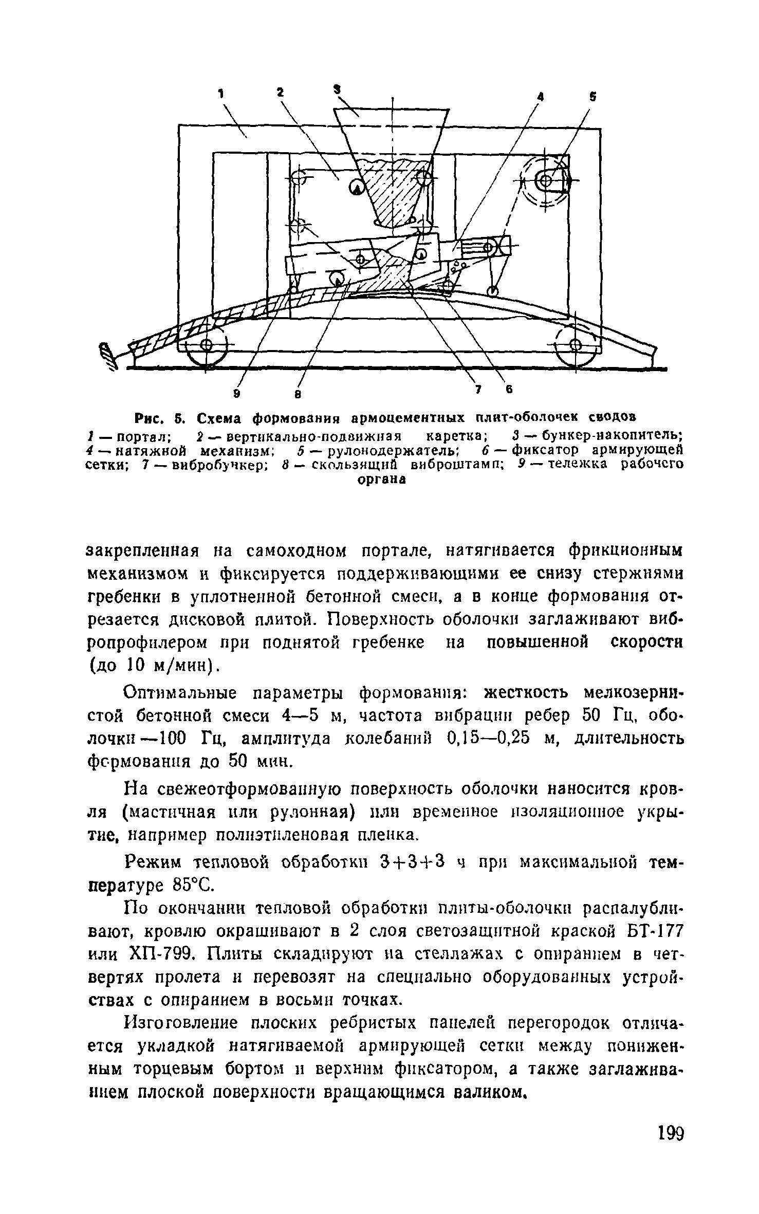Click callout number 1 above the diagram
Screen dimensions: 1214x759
tap(221, 94)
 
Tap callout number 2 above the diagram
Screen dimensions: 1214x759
tap(280, 92)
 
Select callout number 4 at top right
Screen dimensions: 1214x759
tap(540, 96)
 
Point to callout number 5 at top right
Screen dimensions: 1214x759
tap(593, 96)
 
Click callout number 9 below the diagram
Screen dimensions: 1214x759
tap(237, 394)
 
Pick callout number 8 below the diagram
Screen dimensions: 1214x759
tap(298, 395)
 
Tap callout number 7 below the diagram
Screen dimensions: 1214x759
tap(477, 391)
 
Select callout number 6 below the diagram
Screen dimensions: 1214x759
tap(509, 390)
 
